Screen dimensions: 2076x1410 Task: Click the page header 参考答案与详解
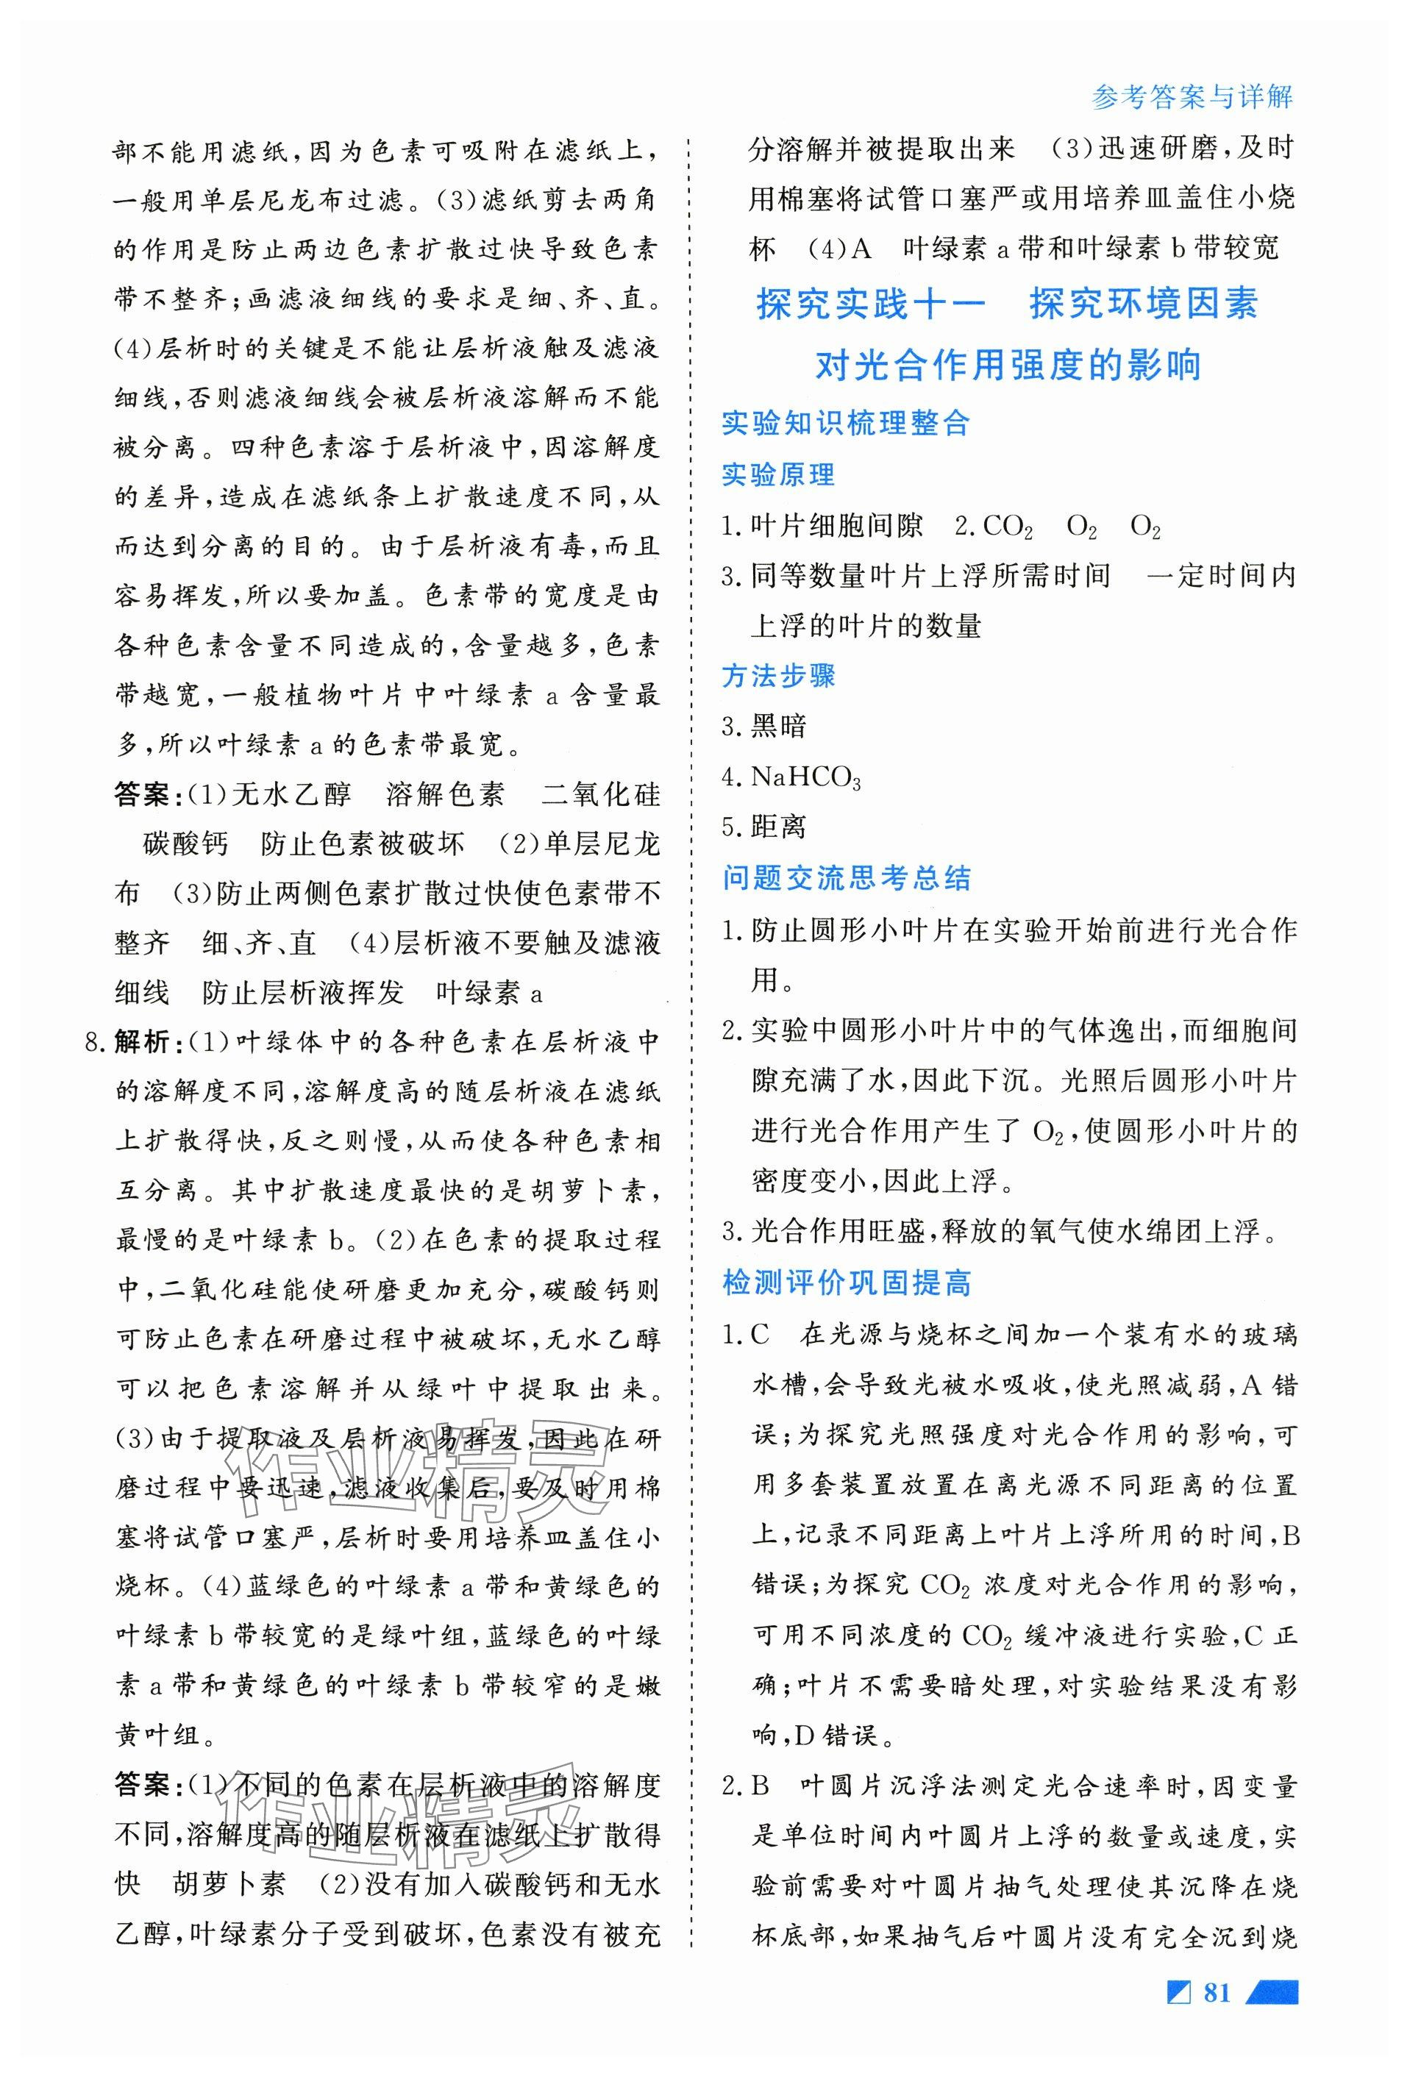1192,96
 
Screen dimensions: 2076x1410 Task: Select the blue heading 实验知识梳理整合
845,423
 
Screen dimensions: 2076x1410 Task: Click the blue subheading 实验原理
777,474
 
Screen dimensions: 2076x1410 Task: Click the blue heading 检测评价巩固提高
845,1284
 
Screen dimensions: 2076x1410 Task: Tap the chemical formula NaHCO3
805,777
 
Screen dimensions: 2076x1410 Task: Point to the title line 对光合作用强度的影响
1009,365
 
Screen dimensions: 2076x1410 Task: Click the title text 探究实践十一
871,304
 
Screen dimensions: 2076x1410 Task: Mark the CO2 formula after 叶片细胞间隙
1007,527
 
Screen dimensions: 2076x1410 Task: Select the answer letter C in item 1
761,1335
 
